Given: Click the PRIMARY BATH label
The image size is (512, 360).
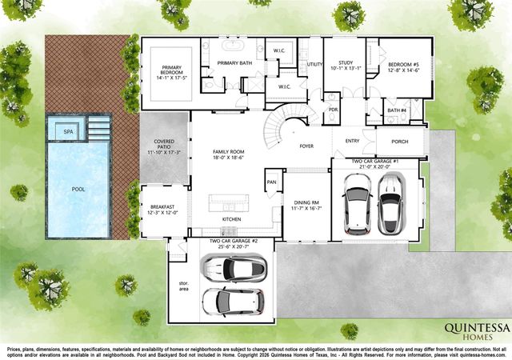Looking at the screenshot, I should coord(235,62).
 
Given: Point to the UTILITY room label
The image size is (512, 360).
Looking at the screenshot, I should coord(314,63).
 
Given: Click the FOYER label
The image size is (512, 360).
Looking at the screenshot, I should coord(306,146).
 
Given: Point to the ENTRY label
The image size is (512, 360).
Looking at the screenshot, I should coord(352,141).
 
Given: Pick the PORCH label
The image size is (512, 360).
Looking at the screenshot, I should coord(399,142).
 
